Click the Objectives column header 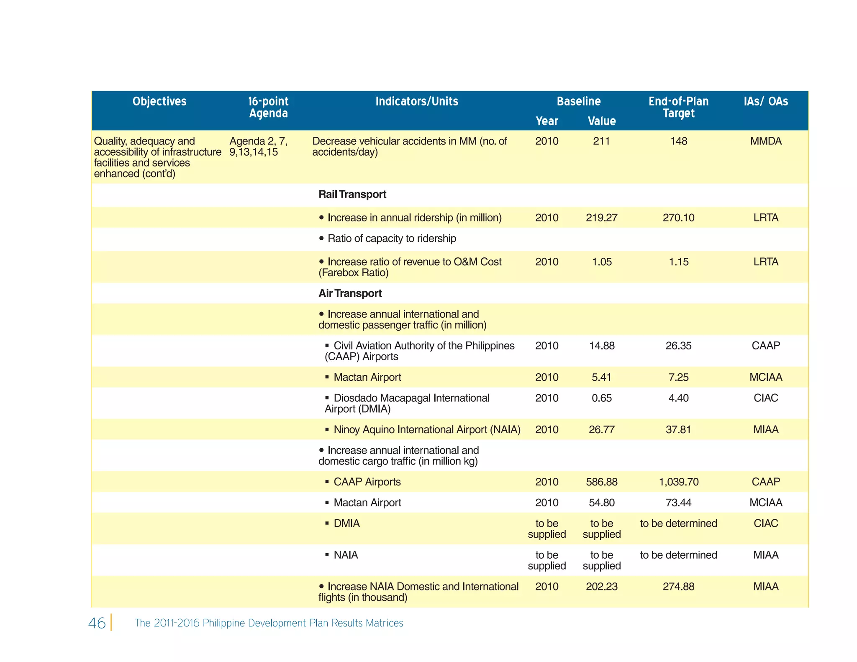click(x=159, y=101)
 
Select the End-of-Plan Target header click(x=678, y=107)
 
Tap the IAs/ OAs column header click(x=765, y=101)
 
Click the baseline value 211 click(x=601, y=141)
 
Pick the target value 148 click(x=678, y=141)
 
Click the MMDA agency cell click(x=765, y=141)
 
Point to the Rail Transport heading click(x=352, y=194)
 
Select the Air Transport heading click(x=350, y=293)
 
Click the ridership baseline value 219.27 click(x=601, y=218)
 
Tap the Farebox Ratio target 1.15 click(x=678, y=262)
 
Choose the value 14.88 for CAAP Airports click(x=601, y=346)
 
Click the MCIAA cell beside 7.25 click(x=765, y=377)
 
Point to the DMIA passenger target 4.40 click(x=678, y=398)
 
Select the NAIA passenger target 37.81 click(x=678, y=430)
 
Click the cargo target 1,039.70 click(x=678, y=482)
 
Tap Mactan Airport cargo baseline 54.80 click(x=601, y=503)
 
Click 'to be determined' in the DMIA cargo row click(x=678, y=523)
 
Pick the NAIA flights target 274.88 click(x=678, y=587)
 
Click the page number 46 click(x=97, y=623)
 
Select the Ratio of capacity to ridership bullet click(x=391, y=239)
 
